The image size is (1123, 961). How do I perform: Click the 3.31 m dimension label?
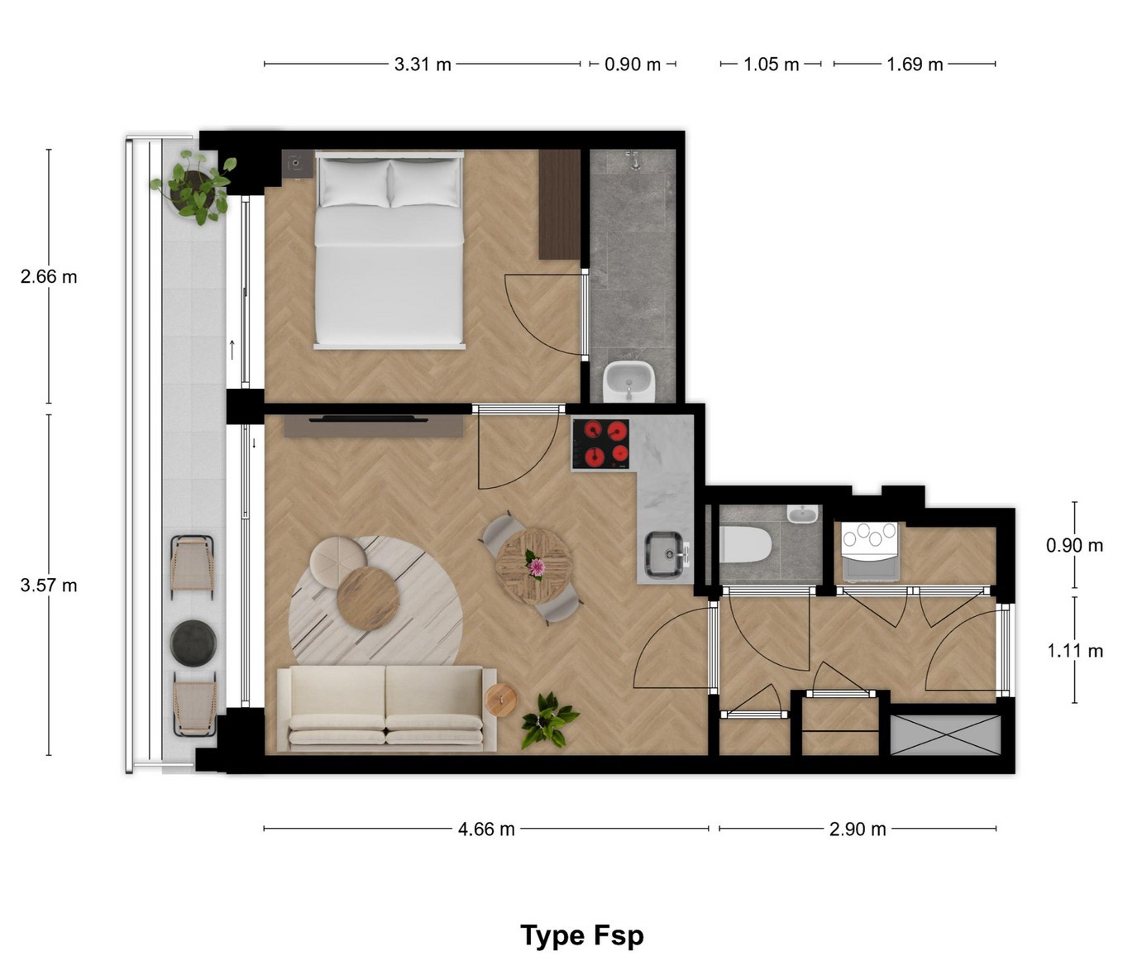pyautogui.click(x=422, y=65)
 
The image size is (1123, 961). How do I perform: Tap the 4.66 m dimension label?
pyautogui.click(x=485, y=830)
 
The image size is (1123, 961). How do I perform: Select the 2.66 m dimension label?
pyautogui.click(x=48, y=277)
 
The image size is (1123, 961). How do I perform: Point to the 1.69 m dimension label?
pyautogui.click(x=915, y=65)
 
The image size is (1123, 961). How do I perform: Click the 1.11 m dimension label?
pyautogui.click(x=1075, y=650)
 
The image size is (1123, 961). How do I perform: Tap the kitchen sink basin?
pyautogui.click(x=664, y=554)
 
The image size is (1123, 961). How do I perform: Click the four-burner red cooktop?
pyautogui.click(x=600, y=444)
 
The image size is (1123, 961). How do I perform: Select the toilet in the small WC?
pyautogui.click(x=745, y=544)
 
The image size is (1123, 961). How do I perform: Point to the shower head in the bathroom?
pyautogui.click(x=633, y=160)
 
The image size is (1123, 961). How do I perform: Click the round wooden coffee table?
pyautogui.click(x=368, y=598)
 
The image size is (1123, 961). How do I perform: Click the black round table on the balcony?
pyautogui.click(x=193, y=643)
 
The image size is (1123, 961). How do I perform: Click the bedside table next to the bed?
pyautogui.click(x=297, y=164)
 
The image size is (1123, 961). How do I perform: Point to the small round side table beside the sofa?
pyautogui.click(x=501, y=700)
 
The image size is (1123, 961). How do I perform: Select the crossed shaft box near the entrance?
pyautogui.click(x=945, y=735)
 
